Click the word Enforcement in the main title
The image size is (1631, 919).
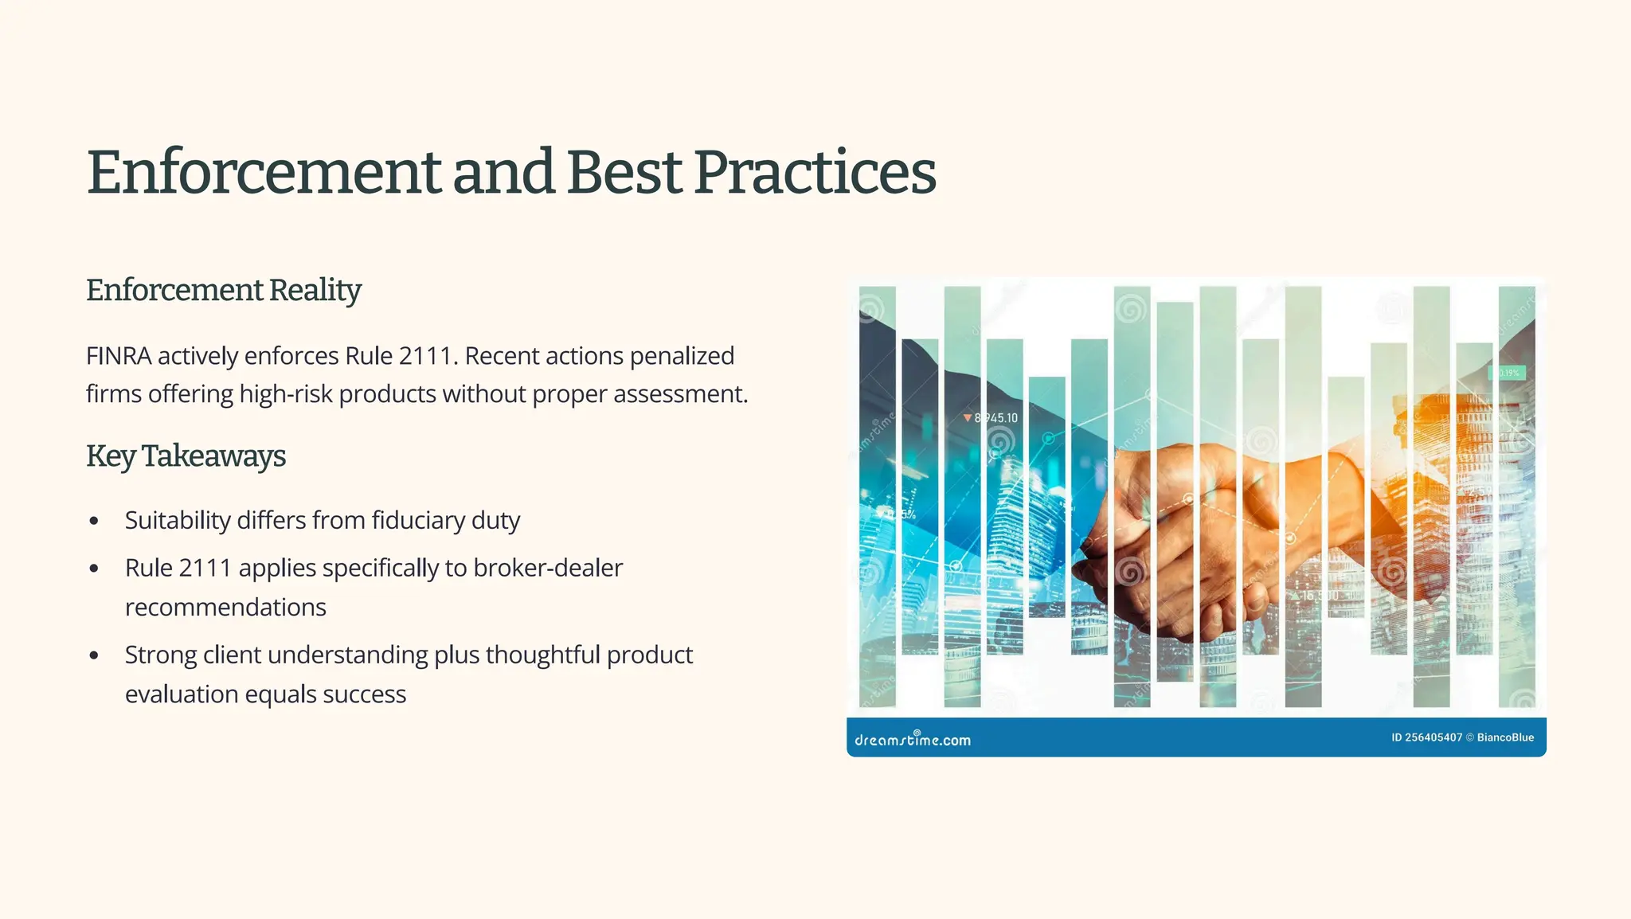(264, 172)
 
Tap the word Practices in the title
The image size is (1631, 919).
(814, 172)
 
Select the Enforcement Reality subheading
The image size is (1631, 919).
(223, 291)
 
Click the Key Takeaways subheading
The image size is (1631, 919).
(186, 456)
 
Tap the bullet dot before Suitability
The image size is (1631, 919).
(95, 522)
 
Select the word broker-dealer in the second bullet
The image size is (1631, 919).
(547, 569)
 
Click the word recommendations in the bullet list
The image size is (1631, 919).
(225, 608)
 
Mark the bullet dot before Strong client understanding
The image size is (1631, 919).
(95, 656)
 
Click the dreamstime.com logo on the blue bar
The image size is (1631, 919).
(912, 739)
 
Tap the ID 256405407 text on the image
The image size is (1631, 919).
(1426, 737)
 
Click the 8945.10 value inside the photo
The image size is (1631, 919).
(995, 418)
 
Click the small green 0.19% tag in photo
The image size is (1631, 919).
(1508, 373)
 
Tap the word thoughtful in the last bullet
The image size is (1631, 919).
(542, 655)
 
